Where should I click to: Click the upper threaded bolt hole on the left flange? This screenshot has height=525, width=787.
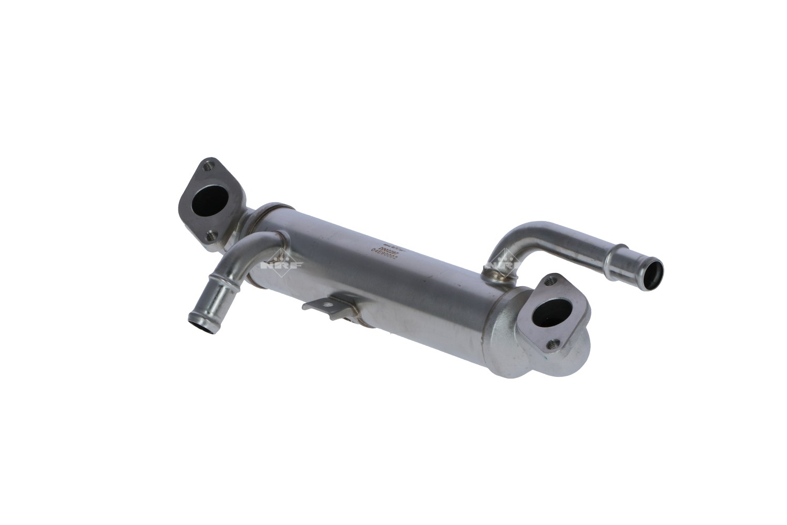pos(209,165)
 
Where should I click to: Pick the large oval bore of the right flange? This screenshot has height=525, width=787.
pos(548,314)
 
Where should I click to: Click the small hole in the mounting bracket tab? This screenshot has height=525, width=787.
pos(330,304)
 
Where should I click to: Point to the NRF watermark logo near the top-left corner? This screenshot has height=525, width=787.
pos(21,20)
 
